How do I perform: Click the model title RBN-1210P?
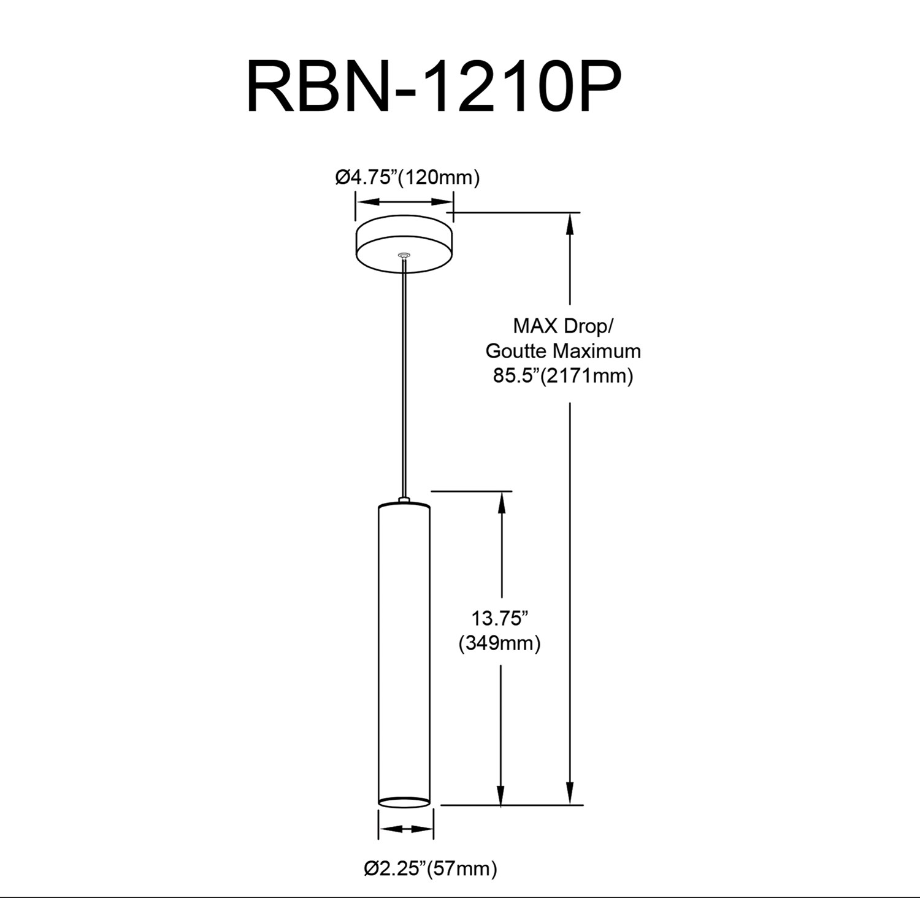pyautogui.click(x=434, y=88)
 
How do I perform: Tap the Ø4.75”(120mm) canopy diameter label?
pyautogui.click(x=407, y=178)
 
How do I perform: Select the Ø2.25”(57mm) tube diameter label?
pyautogui.click(x=430, y=868)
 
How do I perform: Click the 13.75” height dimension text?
pyautogui.click(x=499, y=618)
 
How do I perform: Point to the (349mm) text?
pyautogui.click(x=499, y=643)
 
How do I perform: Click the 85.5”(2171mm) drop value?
pyautogui.click(x=563, y=375)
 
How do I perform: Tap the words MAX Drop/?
pyautogui.click(x=563, y=326)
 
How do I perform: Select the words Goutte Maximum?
pyautogui.click(x=563, y=351)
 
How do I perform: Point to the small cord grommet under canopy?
pyautogui.click(x=404, y=255)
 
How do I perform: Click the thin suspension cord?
pyautogui.click(x=404, y=380)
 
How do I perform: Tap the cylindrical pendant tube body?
pyautogui.click(x=404, y=650)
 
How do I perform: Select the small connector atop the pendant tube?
pyautogui.click(x=404, y=500)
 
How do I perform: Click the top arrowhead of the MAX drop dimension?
pyautogui.click(x=570, y=224)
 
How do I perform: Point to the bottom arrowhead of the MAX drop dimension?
pyautogui.click(x=570, y=792)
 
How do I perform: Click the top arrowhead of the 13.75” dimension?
pyautogui.click(x=502, y=503)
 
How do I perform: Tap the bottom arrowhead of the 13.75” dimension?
pyautogui.click(x=502, y=794)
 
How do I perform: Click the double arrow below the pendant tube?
pyautogui.click(x=405, y=829)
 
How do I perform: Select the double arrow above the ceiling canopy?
pyautogui.click(x=405, y=202)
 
